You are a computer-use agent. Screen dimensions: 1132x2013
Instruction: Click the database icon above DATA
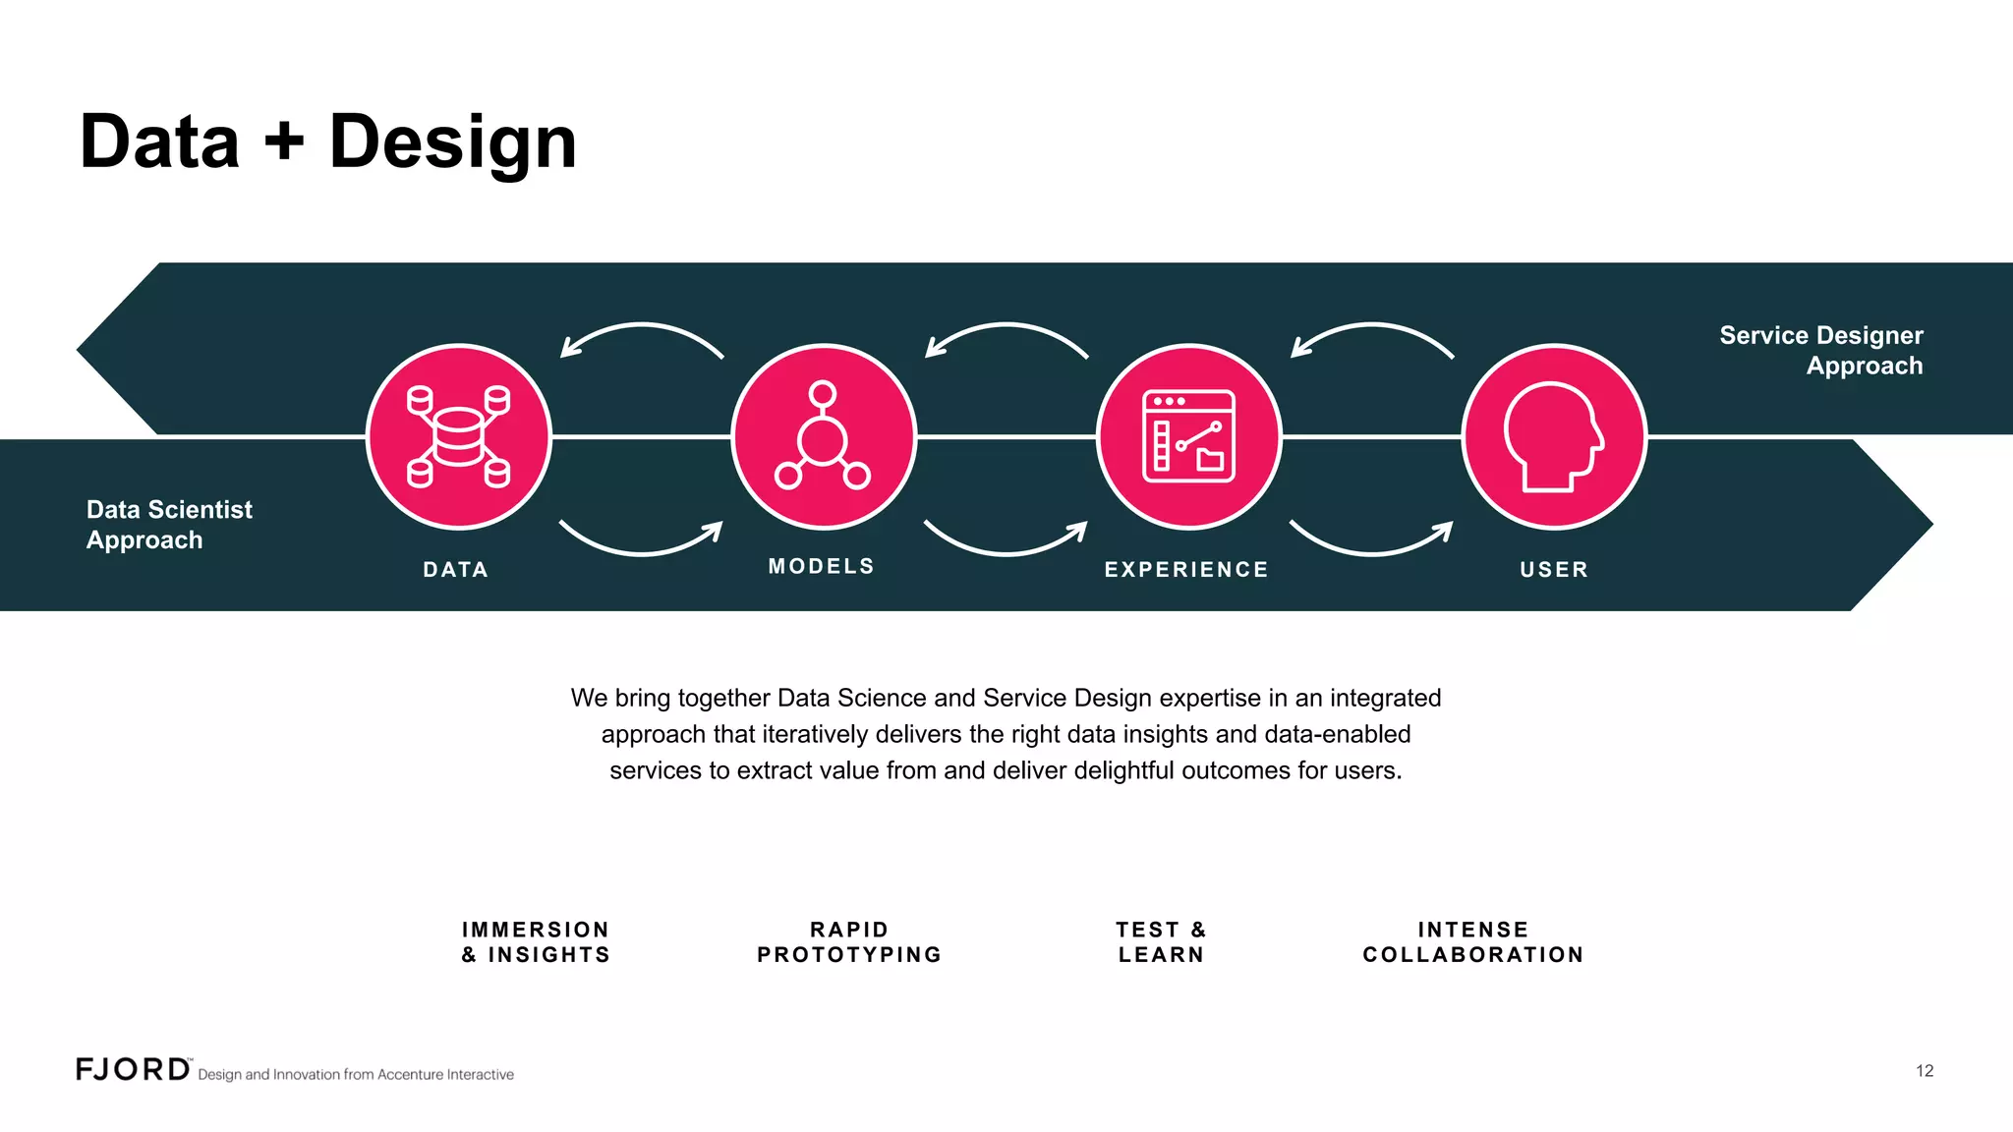point(458,436)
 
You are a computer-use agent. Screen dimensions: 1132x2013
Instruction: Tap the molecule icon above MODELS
point(823,436)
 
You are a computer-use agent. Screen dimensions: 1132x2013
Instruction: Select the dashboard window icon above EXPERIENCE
point(1188,436)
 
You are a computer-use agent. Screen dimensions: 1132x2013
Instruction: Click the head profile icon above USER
point(1554,436)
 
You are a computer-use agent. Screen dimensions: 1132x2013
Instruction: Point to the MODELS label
point(822,566)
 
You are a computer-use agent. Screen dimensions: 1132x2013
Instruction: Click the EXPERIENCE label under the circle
point(1186,569)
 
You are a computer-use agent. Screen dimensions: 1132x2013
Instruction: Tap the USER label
point(1554,569)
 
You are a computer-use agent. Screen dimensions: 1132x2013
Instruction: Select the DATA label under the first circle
point(456,569)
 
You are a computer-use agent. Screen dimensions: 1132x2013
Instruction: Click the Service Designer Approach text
point(1821,350)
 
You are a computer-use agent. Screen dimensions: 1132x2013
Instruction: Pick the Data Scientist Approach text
point(169,525)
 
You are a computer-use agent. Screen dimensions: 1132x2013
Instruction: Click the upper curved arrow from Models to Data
point(641,334)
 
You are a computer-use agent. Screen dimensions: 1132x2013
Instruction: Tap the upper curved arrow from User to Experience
point(1371,334)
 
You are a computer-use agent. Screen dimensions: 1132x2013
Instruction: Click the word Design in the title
point(452,143)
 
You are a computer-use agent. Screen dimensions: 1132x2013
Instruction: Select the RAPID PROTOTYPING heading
point(849,942)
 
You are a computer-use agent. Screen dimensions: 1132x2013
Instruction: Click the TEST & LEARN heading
point(1161,942)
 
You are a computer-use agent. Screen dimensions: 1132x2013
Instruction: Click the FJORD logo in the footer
point(134,1069)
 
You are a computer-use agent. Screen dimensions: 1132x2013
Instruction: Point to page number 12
point(1925,1071)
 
